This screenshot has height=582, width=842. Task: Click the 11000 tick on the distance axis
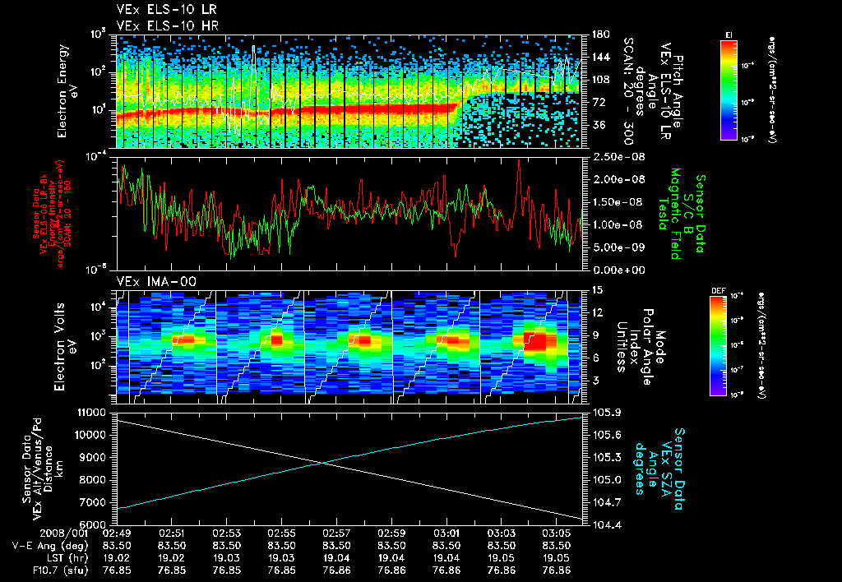tap(92, 411)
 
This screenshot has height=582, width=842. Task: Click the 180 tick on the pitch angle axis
tap(599, 35)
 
